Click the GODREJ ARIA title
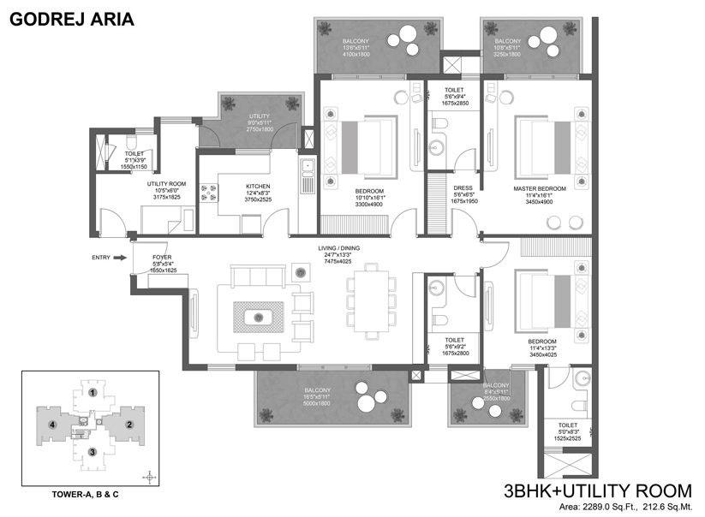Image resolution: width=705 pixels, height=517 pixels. (72, 16)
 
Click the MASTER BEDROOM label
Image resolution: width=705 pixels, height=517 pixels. (540, 188)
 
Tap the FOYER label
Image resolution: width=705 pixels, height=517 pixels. (163, 256)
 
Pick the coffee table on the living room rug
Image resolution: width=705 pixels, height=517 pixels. (258, 318)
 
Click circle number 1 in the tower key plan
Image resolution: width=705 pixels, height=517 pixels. (92, 393)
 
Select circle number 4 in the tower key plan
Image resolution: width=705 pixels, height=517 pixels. (52, 424)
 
